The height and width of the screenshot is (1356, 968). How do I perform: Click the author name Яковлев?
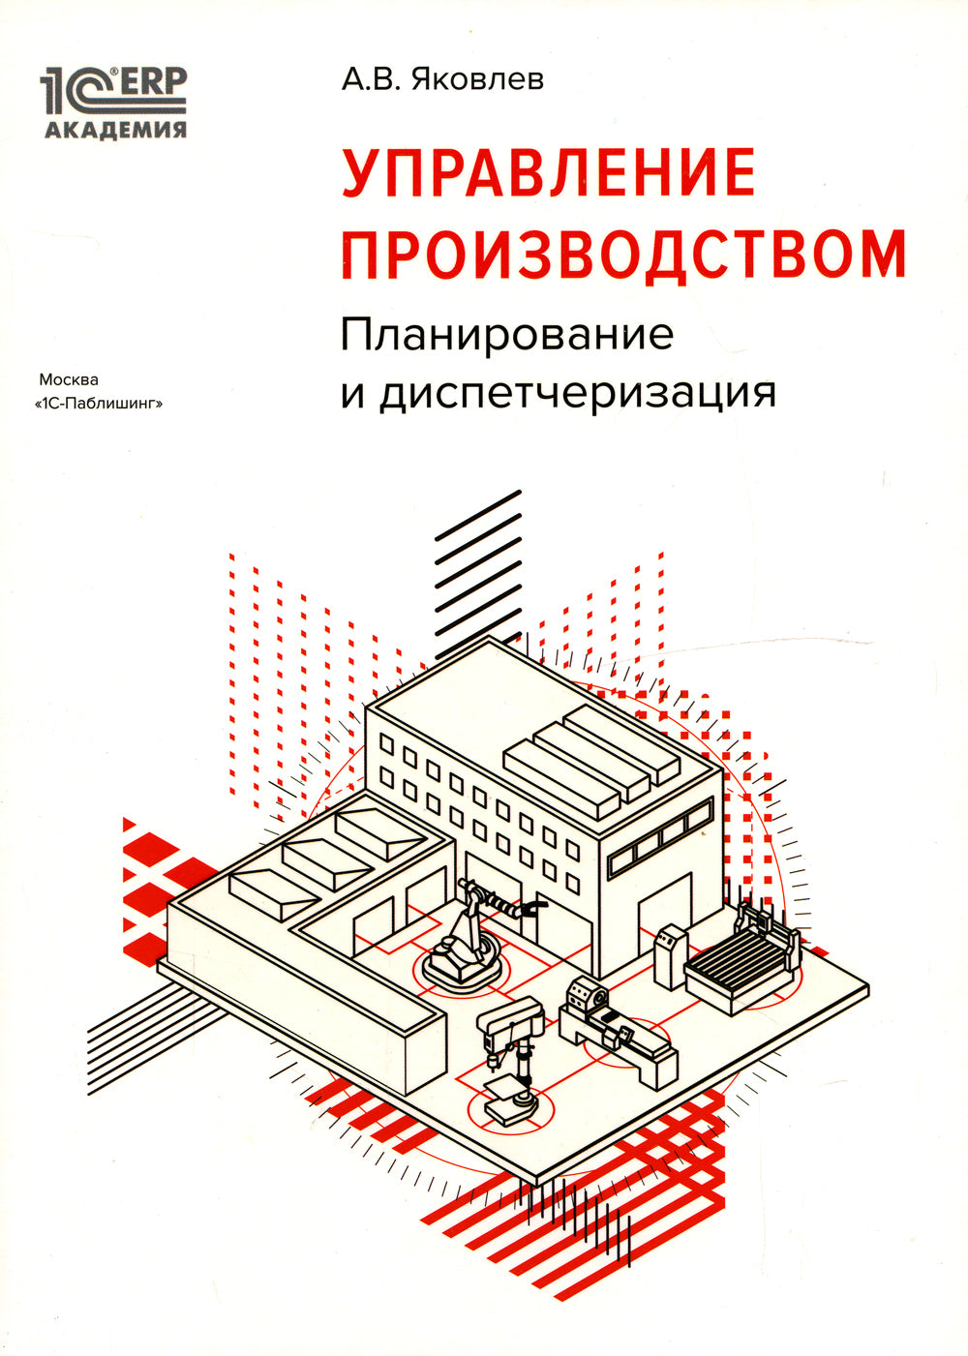(x=478, y=79)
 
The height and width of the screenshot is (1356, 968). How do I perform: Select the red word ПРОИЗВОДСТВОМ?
(x=623, y=254)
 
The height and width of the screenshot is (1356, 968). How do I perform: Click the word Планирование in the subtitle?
(x=506, y=335)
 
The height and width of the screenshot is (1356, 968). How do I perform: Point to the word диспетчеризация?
(x=579, y=392)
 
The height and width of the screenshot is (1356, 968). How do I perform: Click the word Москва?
(x=69, y=379)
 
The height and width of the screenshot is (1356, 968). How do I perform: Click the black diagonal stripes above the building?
(x=478, y=571)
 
